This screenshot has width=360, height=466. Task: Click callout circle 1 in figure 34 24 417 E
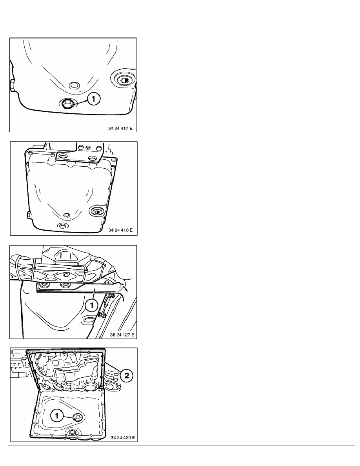coord(94,98)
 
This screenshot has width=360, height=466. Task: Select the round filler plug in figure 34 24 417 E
coord(124,80)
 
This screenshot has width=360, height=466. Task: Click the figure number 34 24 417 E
coord(120,128)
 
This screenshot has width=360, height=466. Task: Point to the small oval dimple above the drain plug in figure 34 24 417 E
coord(74,86)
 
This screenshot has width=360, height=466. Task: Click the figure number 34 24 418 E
coord(120,230)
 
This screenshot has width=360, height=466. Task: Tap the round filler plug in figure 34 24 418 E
coord(97,211)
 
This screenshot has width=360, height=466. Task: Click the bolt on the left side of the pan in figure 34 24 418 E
coord(28,215)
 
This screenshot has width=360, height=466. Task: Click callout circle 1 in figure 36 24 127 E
coord(91,305)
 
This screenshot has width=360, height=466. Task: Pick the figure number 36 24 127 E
coord(122,335)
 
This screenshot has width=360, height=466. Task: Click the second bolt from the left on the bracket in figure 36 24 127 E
coord(64,286)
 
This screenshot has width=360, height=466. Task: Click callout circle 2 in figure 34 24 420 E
coord(127,376)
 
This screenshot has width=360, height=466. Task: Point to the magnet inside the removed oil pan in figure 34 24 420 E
coord(78,417)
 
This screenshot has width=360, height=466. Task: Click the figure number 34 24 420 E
coord(122,437)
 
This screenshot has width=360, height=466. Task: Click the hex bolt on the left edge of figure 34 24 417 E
coord(12,86)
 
